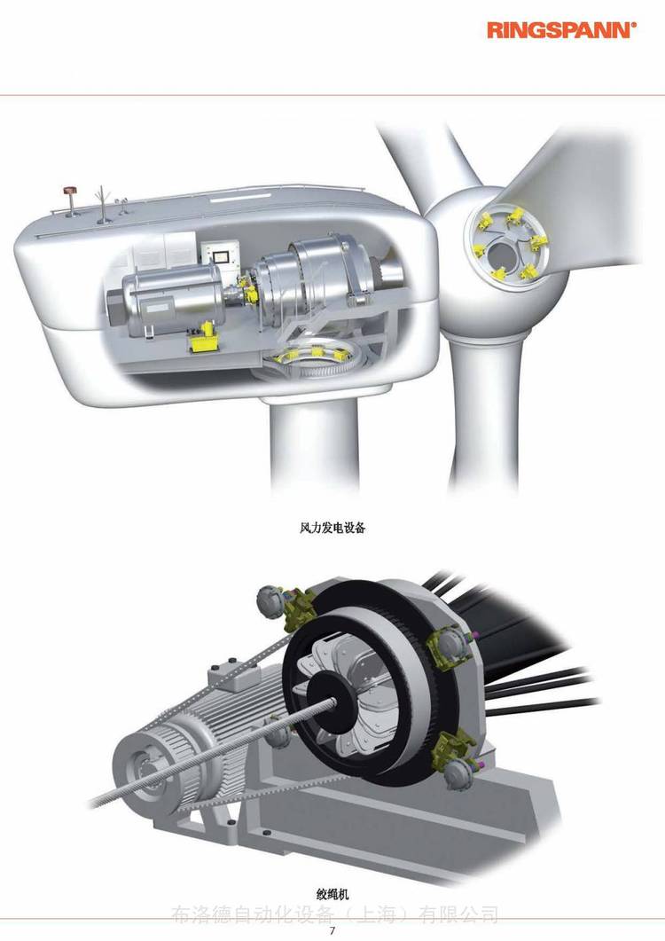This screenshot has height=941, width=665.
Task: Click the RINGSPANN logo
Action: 561,30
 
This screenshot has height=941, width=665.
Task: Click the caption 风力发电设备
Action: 332,528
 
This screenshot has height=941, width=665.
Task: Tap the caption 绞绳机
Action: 332,894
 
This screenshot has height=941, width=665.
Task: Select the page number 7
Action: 332,930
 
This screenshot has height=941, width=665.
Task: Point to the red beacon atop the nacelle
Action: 71,191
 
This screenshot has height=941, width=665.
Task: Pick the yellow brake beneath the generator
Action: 205,339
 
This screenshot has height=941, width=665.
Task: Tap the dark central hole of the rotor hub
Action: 501,255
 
